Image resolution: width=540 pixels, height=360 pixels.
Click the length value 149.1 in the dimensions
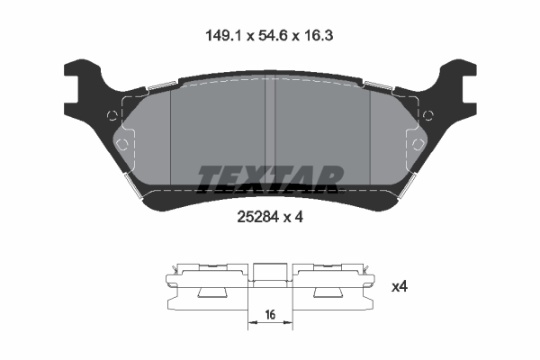pos(221,36)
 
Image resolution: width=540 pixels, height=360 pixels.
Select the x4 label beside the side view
pos(400,287)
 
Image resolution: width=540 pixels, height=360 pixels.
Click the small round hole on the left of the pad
pos(111,114)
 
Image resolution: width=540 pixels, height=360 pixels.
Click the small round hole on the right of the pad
pos(428,114)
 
